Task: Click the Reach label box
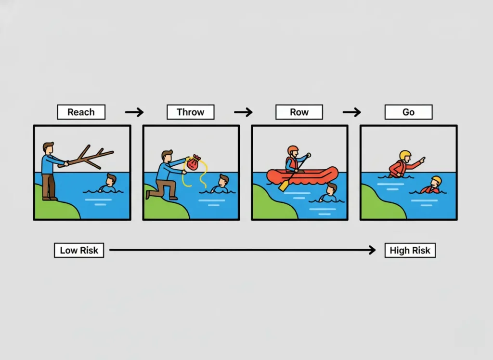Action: point(81,112)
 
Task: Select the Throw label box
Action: point(191,112)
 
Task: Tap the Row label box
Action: point(299,112)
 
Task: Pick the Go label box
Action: point(408,112)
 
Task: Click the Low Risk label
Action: point(79,250)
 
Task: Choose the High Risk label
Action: point(410,250)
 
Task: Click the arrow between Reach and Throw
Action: point(134,112)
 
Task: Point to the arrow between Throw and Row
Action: point(243,112)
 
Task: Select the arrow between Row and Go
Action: point(352,112)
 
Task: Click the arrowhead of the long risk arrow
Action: point(373,250)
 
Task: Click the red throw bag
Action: point(193,163)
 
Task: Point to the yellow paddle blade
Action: point(284,186)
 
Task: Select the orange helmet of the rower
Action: point(293,150)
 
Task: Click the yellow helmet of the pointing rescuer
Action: point(405,155)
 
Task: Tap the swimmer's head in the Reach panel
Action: point(111,180)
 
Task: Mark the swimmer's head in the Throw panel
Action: point(224,180)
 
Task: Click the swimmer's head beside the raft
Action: point(332,188)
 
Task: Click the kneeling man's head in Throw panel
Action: point(167,156)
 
